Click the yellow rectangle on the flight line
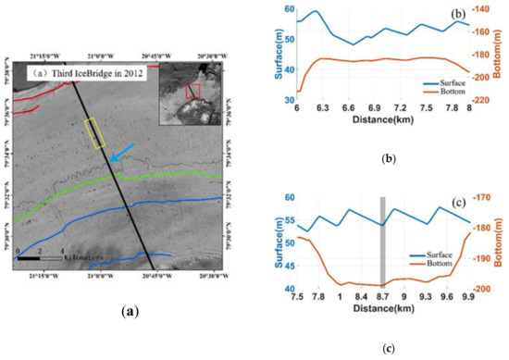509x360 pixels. point(94,134)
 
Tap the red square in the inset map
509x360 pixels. point(193,91)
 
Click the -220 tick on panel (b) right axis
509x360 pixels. point(485,99)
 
